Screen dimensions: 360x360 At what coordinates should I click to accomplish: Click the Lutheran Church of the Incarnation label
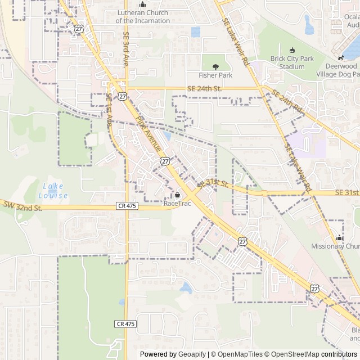click(143, 16)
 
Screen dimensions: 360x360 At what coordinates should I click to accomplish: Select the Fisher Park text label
click(215, 75)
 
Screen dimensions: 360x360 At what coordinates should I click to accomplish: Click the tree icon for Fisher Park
click(215, 67)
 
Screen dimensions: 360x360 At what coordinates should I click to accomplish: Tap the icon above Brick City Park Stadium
click(291, 51)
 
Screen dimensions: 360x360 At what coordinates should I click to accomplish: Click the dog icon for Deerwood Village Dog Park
click(340, 58)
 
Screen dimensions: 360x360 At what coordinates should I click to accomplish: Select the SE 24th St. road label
click(206, 88)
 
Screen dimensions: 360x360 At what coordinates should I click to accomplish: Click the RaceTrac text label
click(177, 203)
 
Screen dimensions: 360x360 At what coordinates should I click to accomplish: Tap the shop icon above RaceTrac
click(177, 195)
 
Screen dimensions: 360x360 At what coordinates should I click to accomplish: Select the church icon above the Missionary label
click(339, 238)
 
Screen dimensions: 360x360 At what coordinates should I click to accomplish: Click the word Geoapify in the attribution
click(192, 354)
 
